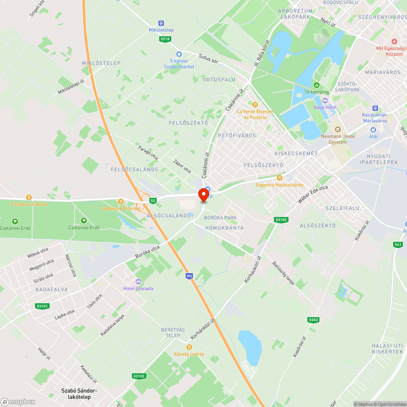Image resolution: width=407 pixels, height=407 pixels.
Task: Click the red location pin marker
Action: [203, 195]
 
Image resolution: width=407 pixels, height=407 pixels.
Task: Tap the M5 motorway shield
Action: [189, 276]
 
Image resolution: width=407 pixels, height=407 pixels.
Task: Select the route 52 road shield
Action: [153, 201]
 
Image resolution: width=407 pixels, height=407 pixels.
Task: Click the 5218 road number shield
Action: [165, 39]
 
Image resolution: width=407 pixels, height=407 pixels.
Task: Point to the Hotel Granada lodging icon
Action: [138, 282]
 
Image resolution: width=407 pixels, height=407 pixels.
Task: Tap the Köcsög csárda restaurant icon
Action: [189, 347]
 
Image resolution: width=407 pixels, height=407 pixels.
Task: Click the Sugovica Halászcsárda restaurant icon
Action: [279, 178]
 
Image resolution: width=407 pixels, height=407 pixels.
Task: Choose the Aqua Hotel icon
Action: [325, 101]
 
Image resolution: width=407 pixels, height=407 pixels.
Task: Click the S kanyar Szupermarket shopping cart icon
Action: [179, 54]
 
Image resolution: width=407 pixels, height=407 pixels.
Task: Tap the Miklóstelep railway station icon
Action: [161, 23]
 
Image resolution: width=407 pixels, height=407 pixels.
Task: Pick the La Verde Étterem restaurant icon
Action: [255, 105]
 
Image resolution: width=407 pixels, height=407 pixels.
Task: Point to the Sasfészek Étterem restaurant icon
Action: [120, 201]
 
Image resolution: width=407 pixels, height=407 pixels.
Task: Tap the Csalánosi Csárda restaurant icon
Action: [29, 197]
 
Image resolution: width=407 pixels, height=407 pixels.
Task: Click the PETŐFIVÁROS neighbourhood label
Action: [237, 135]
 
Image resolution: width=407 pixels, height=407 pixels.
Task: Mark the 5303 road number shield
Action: [313, 320]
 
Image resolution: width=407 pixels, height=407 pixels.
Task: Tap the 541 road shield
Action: [398, 245]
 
